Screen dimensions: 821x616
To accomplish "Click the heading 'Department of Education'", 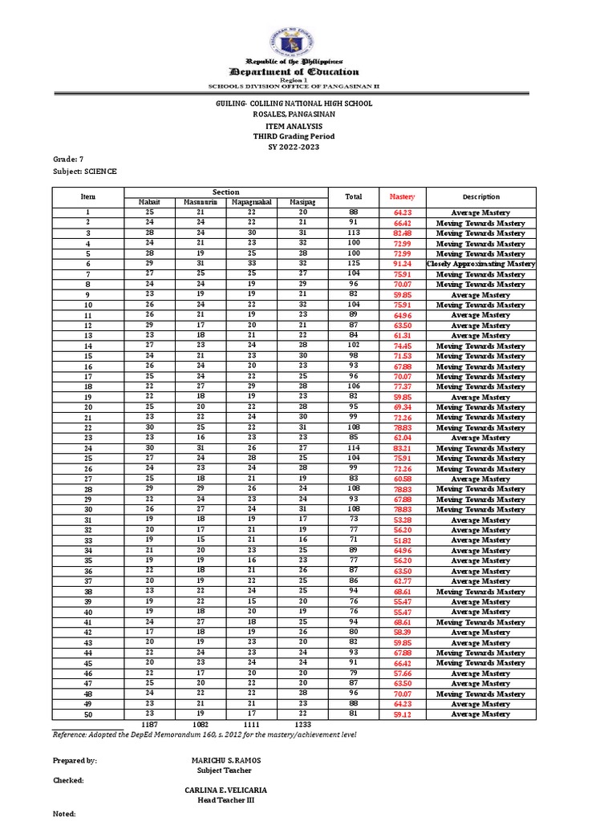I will [294, 71].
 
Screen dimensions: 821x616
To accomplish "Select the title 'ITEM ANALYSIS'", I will [294, 126].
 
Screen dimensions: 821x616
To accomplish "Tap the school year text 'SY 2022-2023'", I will [294, 148].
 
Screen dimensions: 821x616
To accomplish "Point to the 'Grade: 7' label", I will [68, 160].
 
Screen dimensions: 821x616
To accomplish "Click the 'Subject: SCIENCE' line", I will [84, 171].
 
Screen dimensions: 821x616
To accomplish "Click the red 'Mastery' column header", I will [402, 196].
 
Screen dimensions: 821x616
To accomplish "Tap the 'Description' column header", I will [480, 196].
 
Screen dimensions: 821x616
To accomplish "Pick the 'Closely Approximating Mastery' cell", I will [480, 264].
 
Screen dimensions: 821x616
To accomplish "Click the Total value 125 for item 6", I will [353, 264].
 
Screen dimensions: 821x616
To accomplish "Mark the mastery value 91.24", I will [402, 264].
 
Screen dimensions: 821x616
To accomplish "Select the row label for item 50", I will [87, 714].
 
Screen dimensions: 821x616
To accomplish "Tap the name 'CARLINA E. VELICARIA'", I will [225, 790].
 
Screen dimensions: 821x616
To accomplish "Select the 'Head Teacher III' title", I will [225, 799].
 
